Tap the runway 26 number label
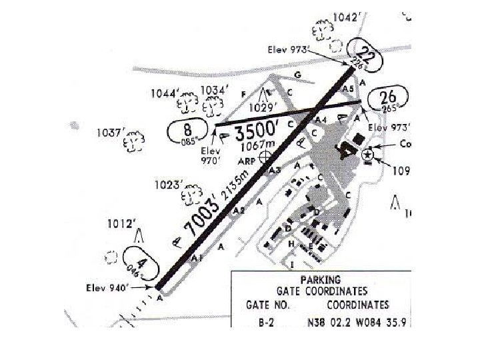point(388,97)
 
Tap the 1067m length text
point(255,145)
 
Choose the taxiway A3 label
point(273,171)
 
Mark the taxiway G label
point(297,74)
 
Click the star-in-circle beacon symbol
point(367,155)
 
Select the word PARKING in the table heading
point(321,279)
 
